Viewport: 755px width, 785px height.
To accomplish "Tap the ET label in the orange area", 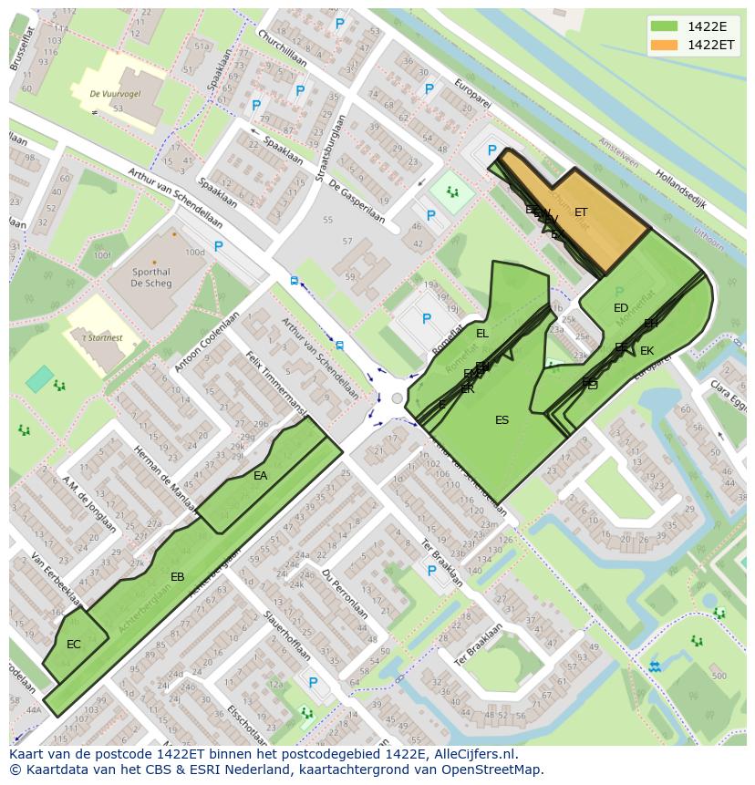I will [581, 212].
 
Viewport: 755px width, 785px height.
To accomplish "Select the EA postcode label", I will [261, 476].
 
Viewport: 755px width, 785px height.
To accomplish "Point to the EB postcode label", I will [178, 577].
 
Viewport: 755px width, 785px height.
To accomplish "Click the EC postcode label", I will [74, 645].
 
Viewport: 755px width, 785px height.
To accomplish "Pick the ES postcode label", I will [502, 420].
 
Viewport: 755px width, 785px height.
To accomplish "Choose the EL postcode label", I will [482, 334].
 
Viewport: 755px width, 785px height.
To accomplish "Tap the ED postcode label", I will [621, 308].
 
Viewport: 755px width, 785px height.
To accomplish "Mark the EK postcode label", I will [646, 351].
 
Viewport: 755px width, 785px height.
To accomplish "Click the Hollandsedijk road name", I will [683, 189].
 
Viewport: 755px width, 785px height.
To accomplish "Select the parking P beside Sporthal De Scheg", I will [218, 246].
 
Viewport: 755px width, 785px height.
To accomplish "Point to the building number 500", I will [719, 676].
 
